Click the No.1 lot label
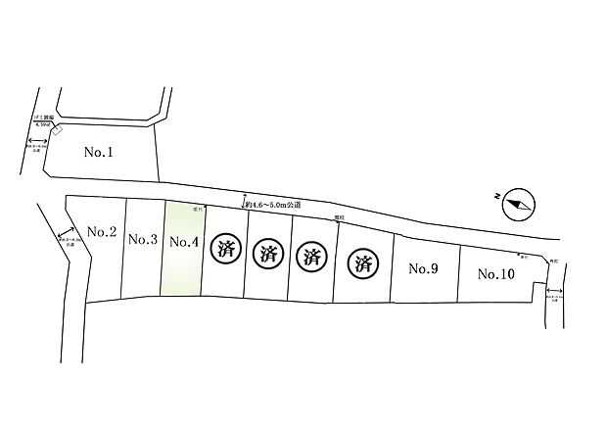coord(100,152)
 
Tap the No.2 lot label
coord(103,232)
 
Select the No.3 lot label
coord(143,240)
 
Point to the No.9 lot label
coord(422,268)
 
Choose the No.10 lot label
coord(496,274)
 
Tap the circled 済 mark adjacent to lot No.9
coord(364,262)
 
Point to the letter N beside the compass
coord(499,197)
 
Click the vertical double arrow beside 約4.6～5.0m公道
coord(242,201)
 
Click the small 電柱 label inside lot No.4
coord(196,210)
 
